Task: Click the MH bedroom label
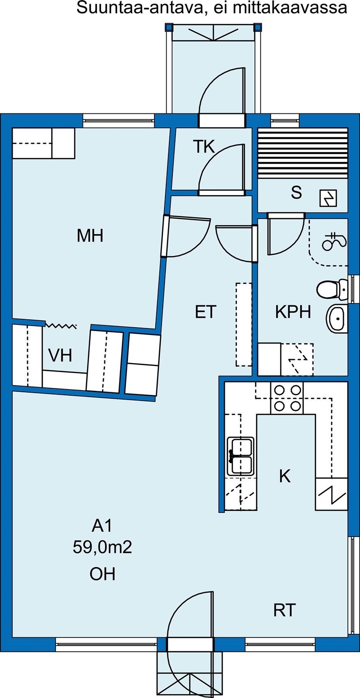click(x=90, y=236)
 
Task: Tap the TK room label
click(x=204, y=147)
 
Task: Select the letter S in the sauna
click(x=296, y=192)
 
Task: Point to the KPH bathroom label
click(x=293, y=311)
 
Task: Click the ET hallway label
click(x=206, y=311)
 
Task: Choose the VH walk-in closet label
click(x=60, y=355)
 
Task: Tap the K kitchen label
click(x=285, y=476)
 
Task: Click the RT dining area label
click(x=284, y=610)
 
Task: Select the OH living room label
click(x=103, y=574)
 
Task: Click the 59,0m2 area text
click(x=103, y=547)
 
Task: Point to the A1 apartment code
click(x=102, y=526)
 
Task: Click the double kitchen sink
click(x=240, y=456)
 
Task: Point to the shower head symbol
click(x=334, y=242)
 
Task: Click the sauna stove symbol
click(x=328, y=198)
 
